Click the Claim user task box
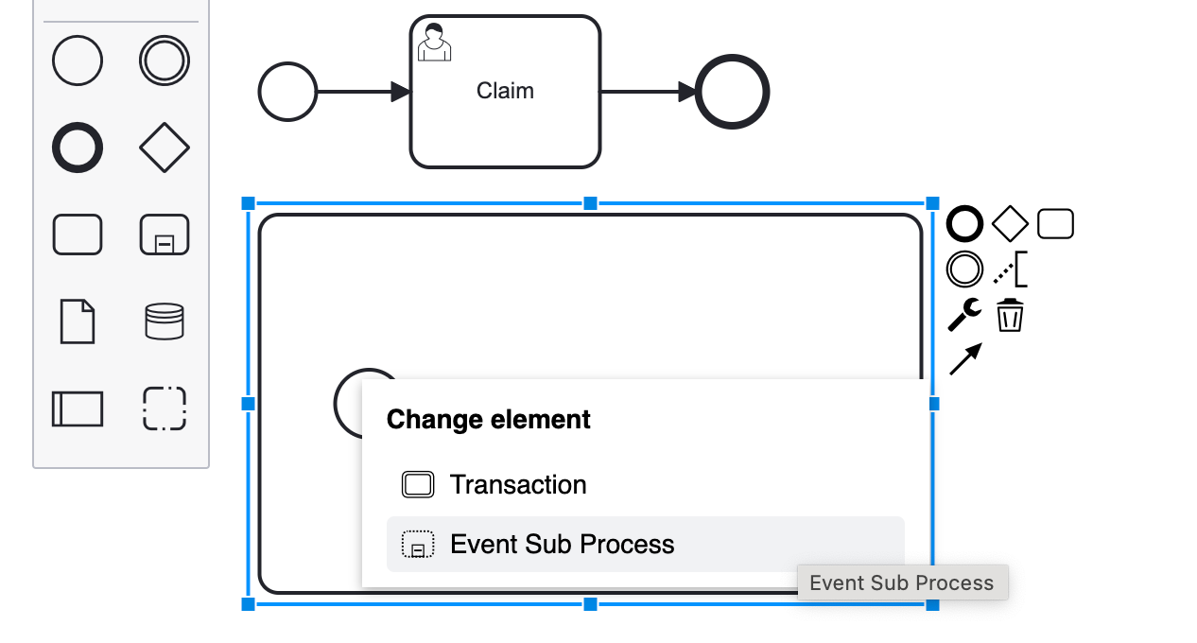tap(505, 113)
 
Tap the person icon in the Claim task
tap(434, 43)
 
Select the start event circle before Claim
tap(287, 92)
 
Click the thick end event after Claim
tap(733, 92)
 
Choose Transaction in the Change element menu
tap(518, 485)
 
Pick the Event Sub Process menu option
tap(562, 545)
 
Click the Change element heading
tap(489, 420)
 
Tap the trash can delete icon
tap(1010, 315)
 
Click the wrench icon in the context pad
tap(964, 314)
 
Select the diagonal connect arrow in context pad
tap(965, 359)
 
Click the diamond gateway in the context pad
tap(1010, 224)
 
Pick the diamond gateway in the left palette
tap(165, 148)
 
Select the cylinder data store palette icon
tap(165, 321)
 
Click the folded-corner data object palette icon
tap(78, 321)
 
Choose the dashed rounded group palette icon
tap(165, 408)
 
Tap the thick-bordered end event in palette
tap(78, 148)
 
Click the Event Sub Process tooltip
tap(902, 582)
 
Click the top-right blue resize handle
tap(932, 203)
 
